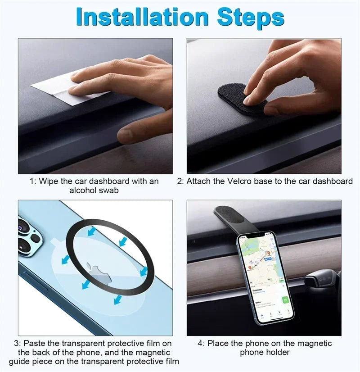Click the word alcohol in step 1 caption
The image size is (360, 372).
point(83,190)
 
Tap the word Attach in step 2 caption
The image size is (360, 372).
point(198,181)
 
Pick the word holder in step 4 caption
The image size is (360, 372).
point(279,352)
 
